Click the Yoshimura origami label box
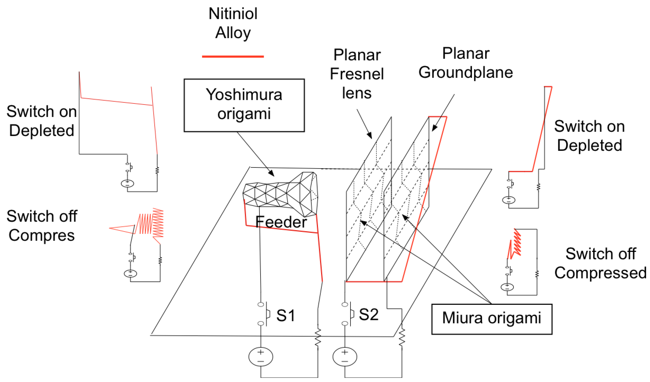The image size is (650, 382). click(x=244, y=105)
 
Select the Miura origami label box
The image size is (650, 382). click(x=492, y=319)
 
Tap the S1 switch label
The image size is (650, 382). click(x=286, y=315)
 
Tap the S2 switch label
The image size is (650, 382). click(x=369, y=314)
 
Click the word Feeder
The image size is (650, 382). click(x=281, y=222)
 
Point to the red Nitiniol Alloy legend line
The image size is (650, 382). click(x=233, y=57)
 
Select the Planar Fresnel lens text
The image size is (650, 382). click(x=357, y=74)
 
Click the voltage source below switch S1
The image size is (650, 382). click(x=260, y=357)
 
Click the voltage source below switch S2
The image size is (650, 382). click(x=345, y=357)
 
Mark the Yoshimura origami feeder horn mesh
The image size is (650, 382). click(x=281, y=195)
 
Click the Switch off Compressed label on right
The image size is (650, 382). click(x=600, y=263)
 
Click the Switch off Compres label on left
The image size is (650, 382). click(x=42, y=226)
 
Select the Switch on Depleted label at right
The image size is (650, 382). click(x=589, y=136)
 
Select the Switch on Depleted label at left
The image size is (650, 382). click(x=42, y=121)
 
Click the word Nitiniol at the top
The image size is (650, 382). click(x=233, y=13)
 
